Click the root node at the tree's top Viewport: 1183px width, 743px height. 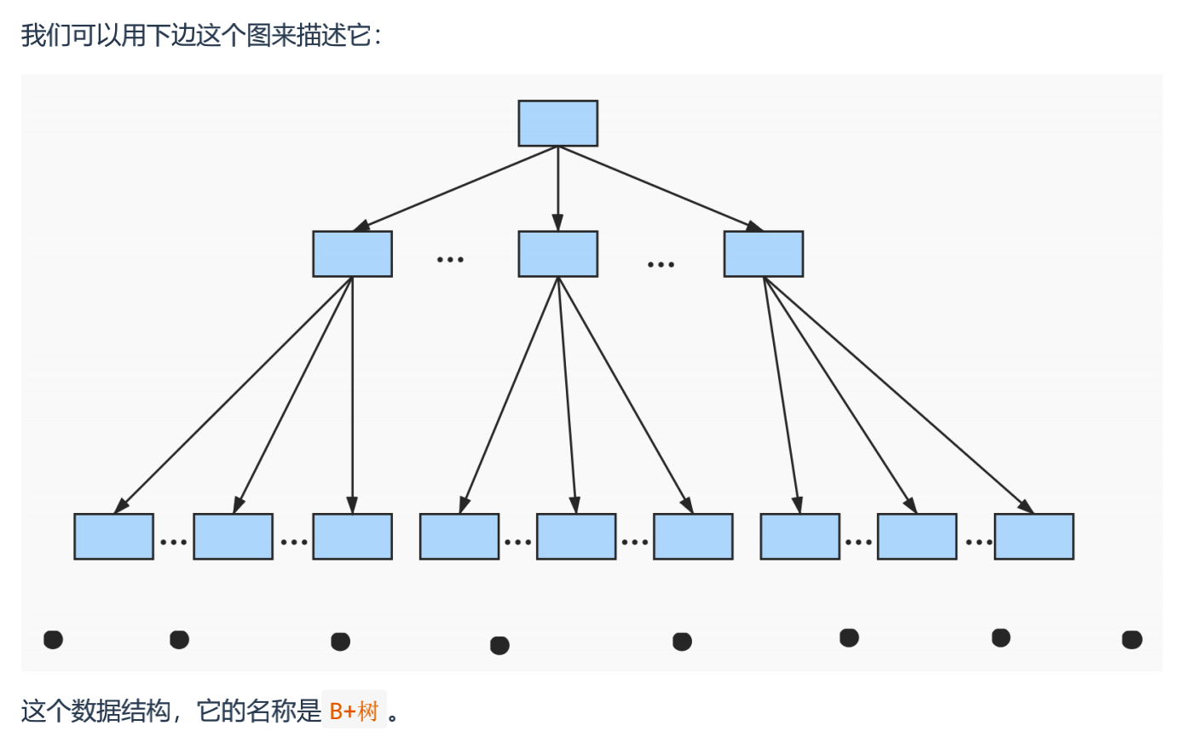(x=557, y=124)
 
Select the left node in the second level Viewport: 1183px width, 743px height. (x=352, y=254)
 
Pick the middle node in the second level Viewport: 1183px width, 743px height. (x=557, y=254)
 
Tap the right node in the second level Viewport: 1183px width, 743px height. (x=763, y=254)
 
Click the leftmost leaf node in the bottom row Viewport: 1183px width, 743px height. (x=113, y=536)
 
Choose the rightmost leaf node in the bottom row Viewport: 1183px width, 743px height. (x=1033, y=536)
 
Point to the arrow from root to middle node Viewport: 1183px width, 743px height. (x=557, y=187)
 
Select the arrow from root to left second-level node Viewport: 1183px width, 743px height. (x=456, y=188)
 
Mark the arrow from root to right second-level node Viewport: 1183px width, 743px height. (x=661, y=188)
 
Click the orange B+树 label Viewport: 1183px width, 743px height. (x=354, y=711)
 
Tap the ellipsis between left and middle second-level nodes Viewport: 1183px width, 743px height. (x=450, y=259)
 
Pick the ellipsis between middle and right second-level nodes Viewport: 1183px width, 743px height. (x=661, y=264)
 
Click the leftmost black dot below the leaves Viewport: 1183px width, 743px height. (x=53, y=639)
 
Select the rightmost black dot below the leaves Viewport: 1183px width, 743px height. (x=1131, y=639)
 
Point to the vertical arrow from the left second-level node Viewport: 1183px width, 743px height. (x=352, y=392)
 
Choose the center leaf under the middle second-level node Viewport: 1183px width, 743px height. (x=575, y=536)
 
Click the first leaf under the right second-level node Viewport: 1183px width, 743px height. (x=799, y=536)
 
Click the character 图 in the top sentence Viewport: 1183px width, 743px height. (x=258, y=35)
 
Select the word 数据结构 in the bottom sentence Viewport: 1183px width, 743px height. (x=121, y=711)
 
